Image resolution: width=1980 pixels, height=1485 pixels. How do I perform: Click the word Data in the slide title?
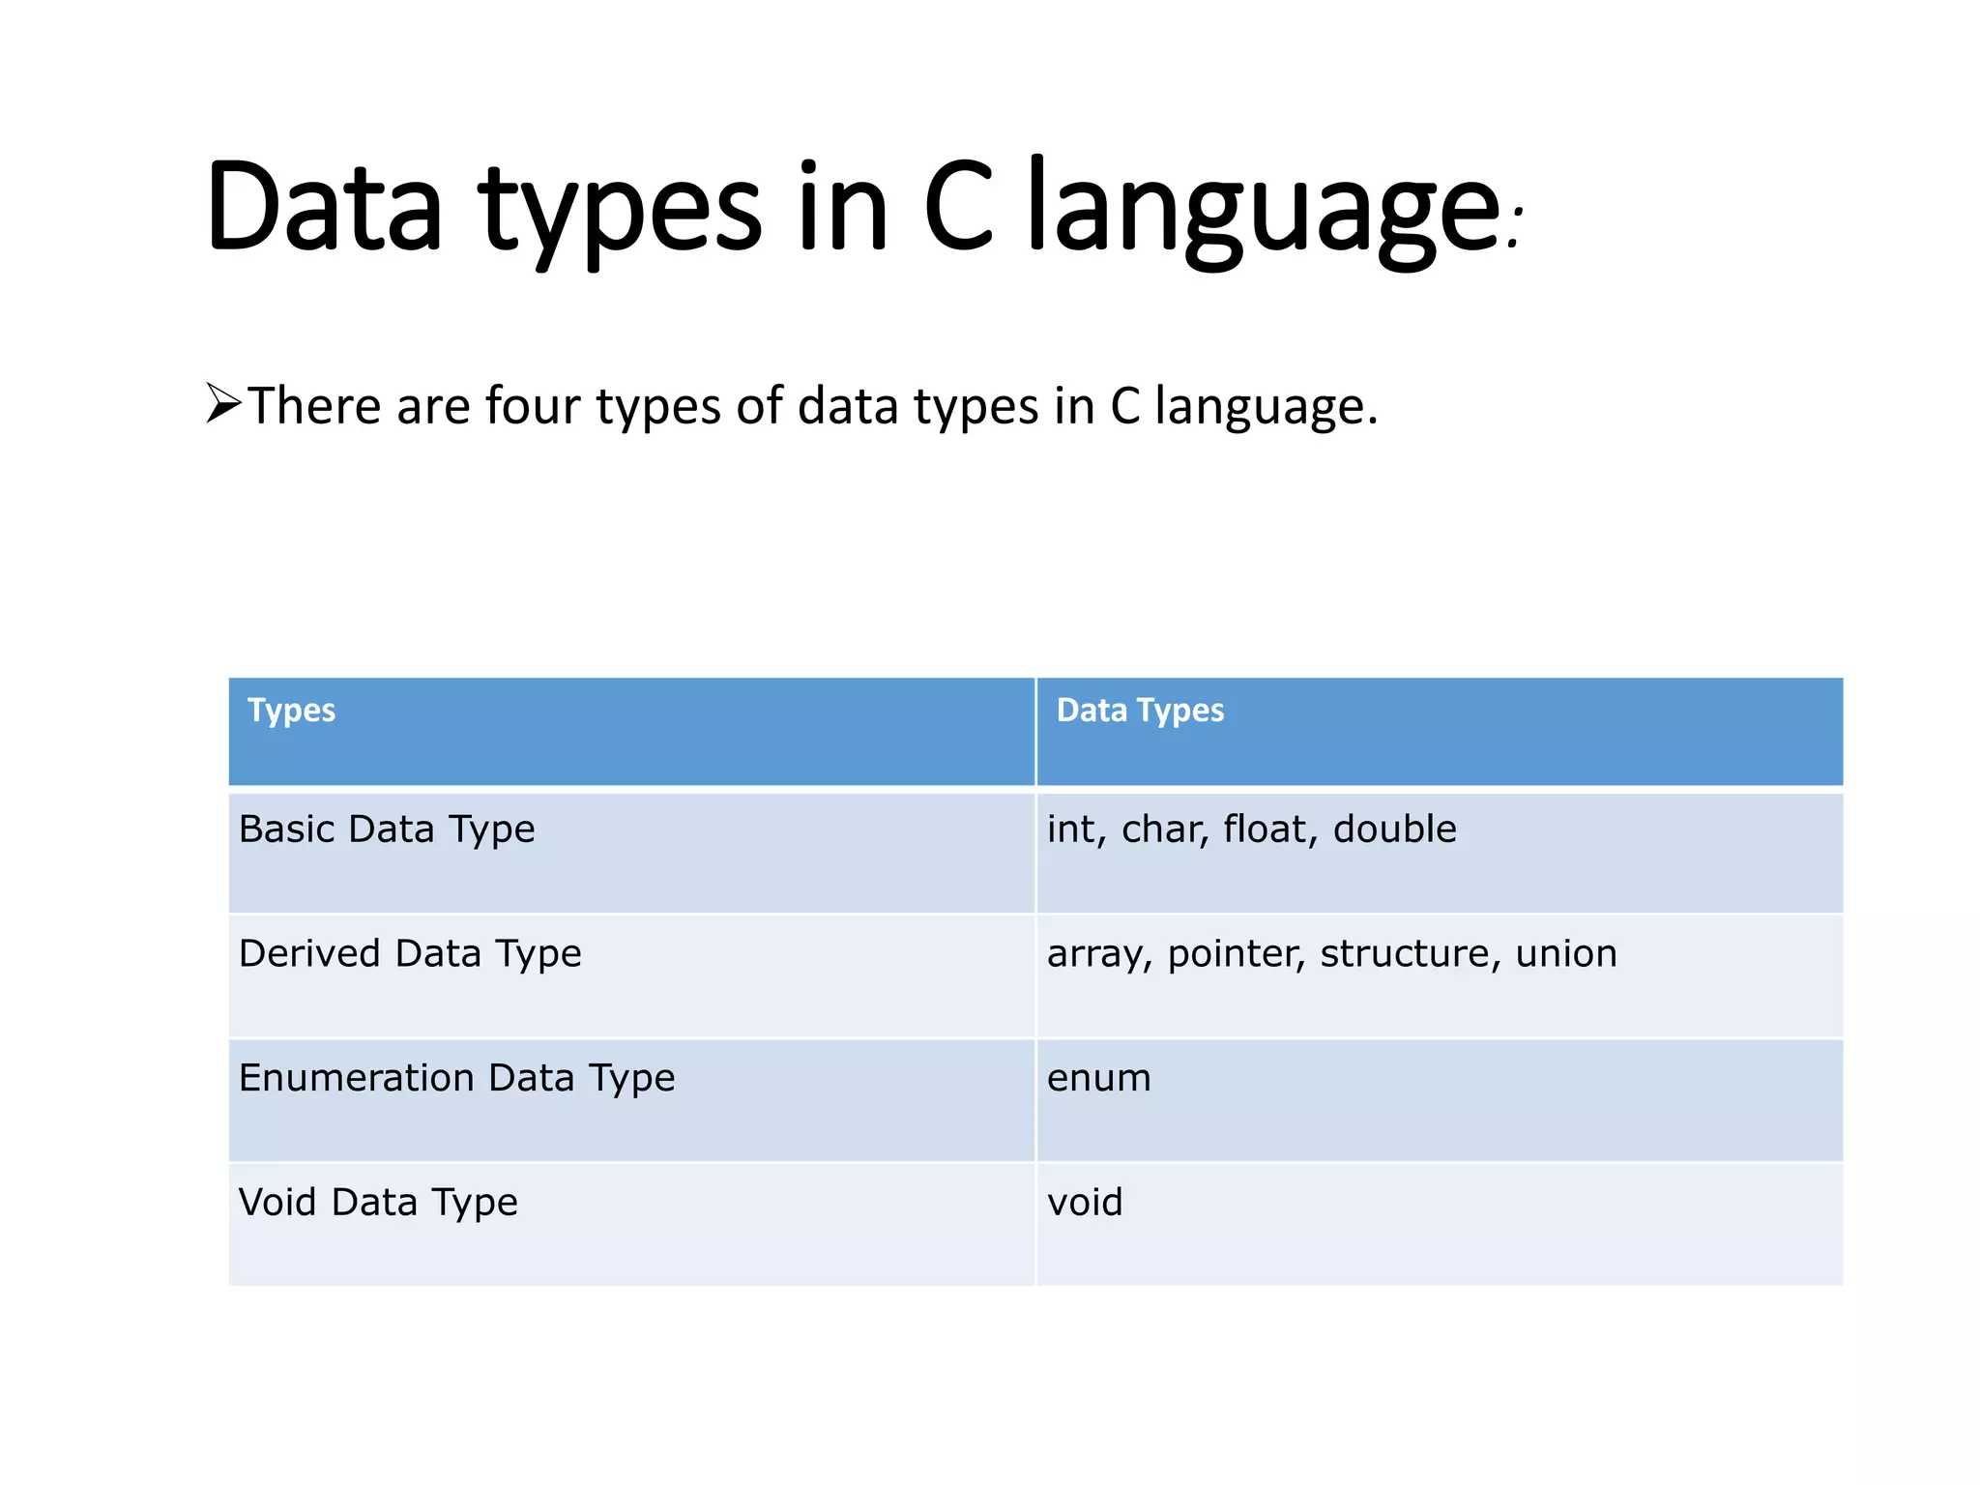pyautogui.click(x=324, y=208)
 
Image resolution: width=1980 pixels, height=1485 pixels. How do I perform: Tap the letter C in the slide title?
pyautogui.click(x=958, y=208)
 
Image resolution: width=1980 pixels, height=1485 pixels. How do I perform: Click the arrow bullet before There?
pyautogui.click(x=223, y=403)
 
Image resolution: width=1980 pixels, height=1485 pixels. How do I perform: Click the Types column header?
pyautogui.click(x=291, y=711)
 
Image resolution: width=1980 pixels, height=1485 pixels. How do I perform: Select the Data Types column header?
pyautogui.click(x=1140, y=711)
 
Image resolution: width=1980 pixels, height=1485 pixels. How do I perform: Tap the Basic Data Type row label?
pyautogui.click(x=387, y=830)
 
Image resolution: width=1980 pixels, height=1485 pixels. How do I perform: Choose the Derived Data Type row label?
pyautogui.click(x=410, y=954)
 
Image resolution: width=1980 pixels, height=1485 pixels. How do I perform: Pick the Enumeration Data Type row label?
pyautogui.click(x=456, y=1078)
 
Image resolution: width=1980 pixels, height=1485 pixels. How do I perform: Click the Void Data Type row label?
pyautogui.click(x=378, y=1203)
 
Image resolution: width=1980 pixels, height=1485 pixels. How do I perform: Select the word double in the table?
pyautogui.click(x=1394, y=830)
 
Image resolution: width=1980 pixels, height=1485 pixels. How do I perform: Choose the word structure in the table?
pyautogui.click(x=1404, y=954)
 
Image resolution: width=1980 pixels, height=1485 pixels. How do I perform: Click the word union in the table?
pyautogui.click(x=1566, y=954)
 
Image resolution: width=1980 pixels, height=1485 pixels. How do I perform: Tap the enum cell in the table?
pyautogui.click(x=1099, y=1079)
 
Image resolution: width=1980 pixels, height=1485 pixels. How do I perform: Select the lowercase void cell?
pyautogui.click(x=1085, y=1203)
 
